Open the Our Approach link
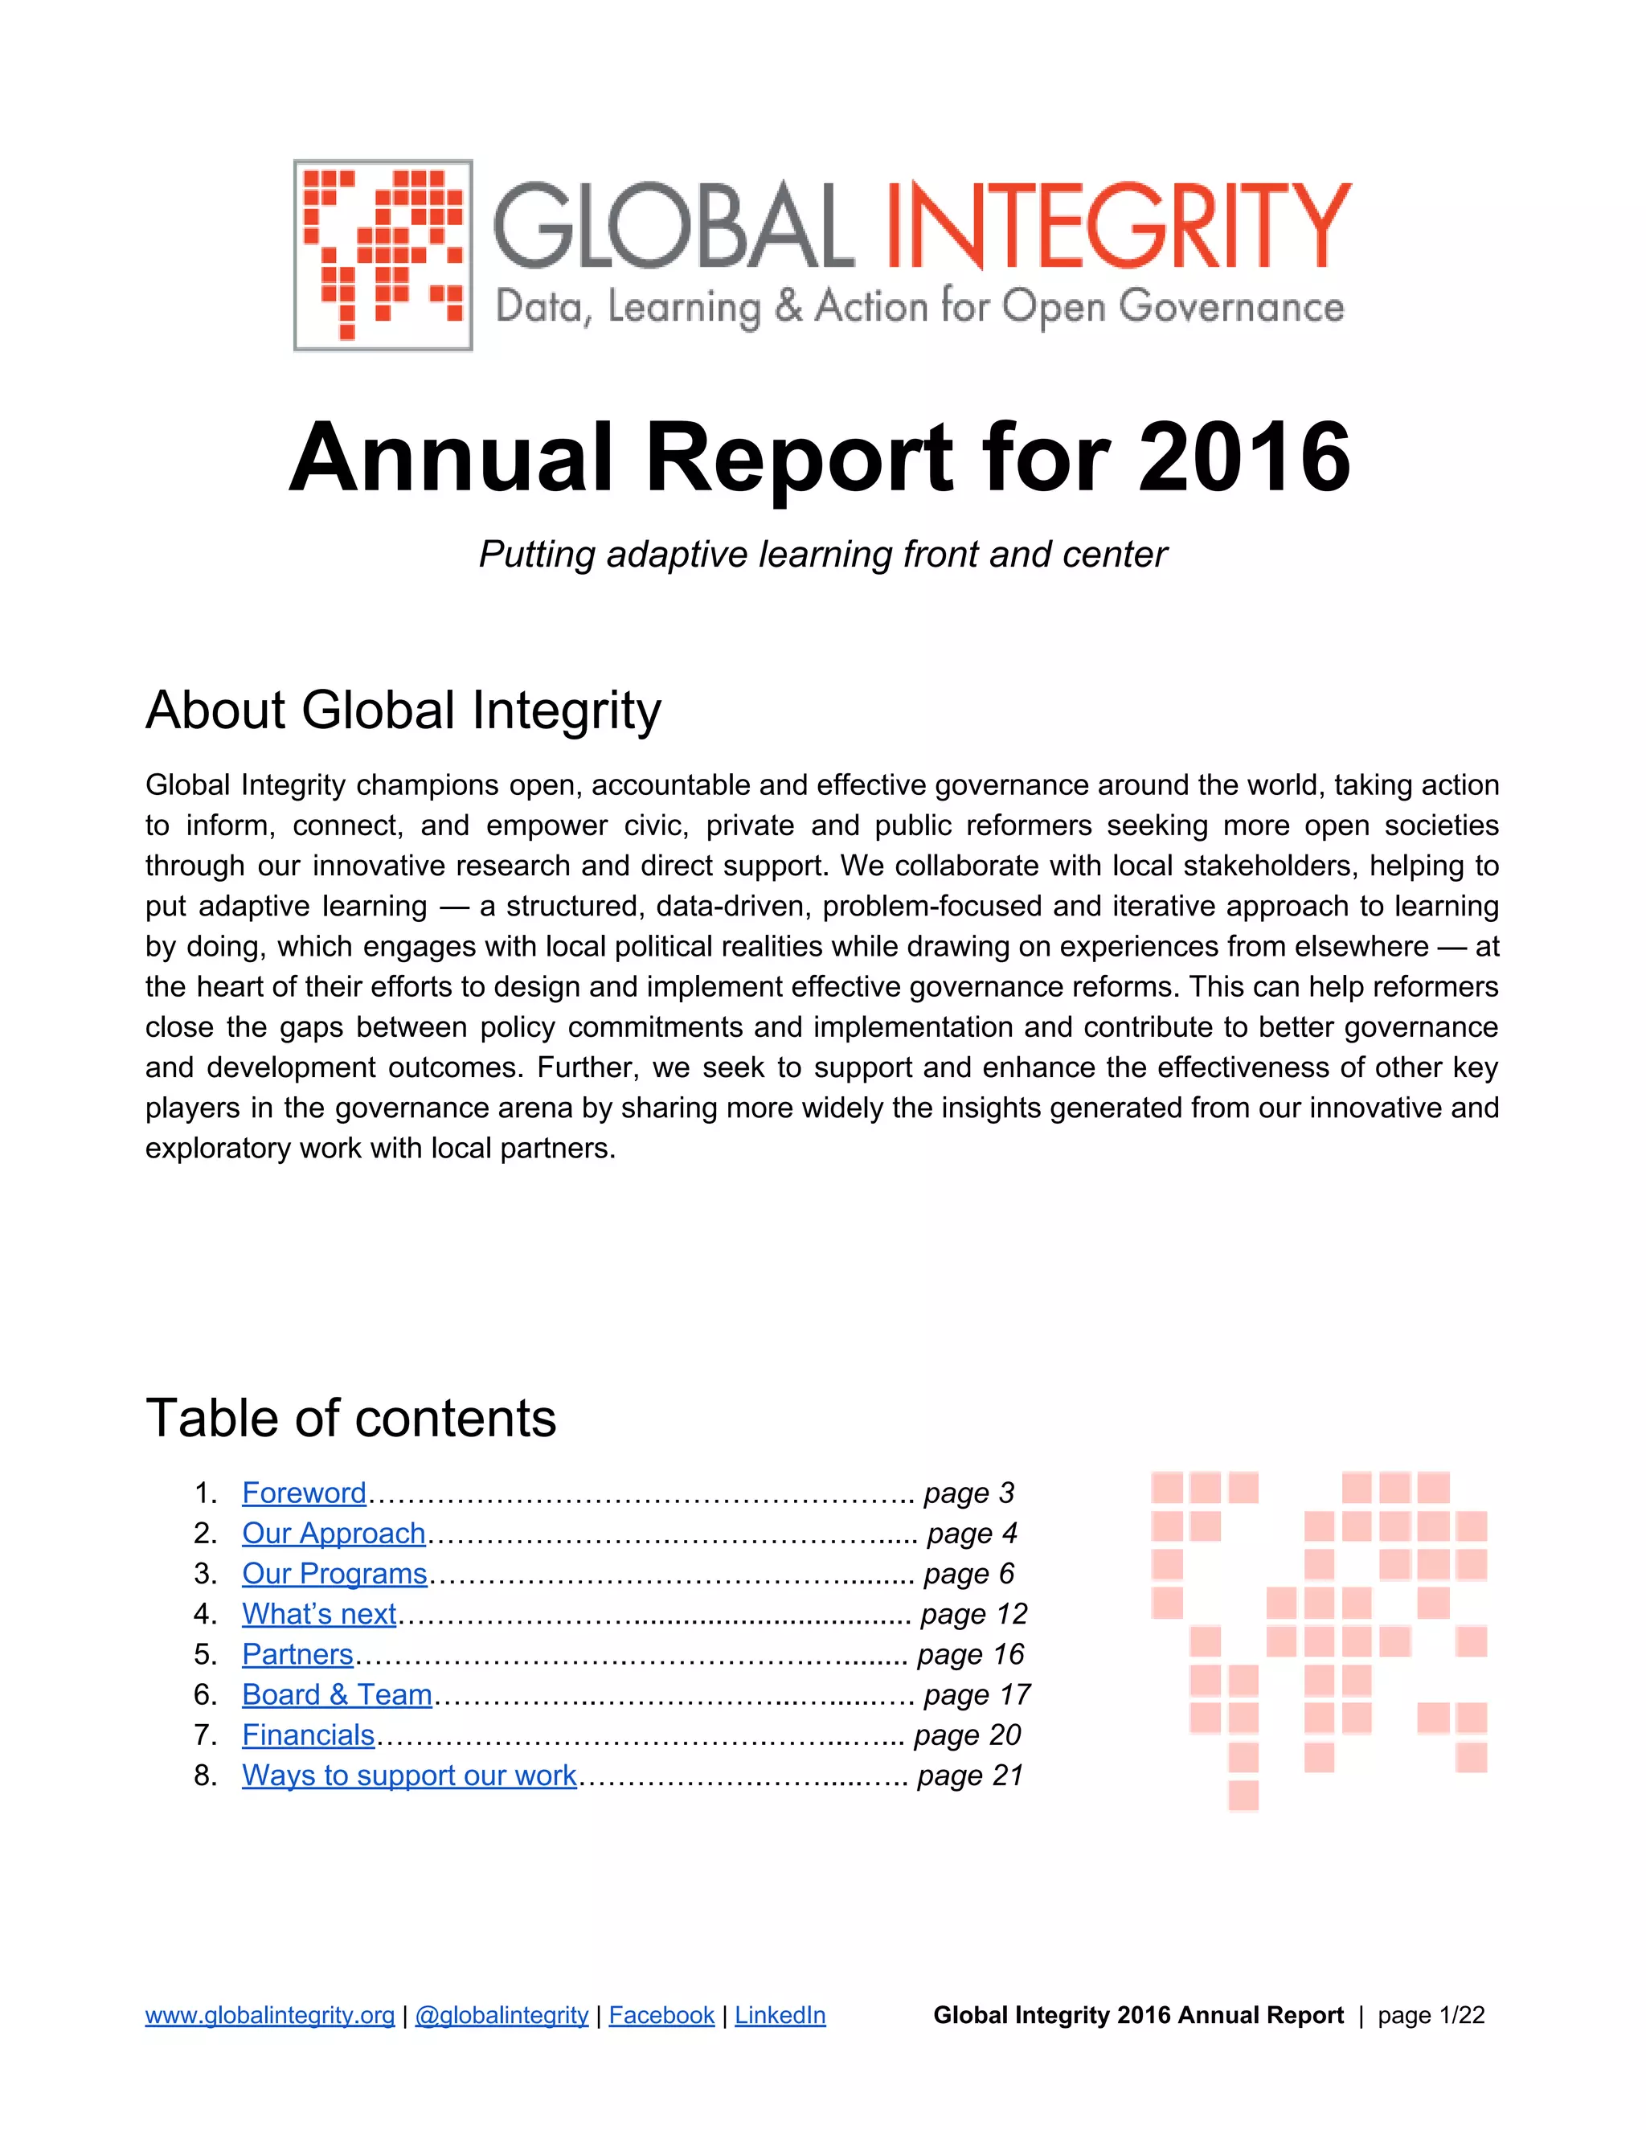point(334,1533)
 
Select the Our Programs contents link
point(334,1573)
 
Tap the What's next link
point(319,1614)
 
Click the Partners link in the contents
point(297,1654)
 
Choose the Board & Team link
point(337,1694)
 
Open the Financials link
point(308,1735)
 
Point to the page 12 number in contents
point(973,1614)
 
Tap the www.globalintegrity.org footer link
point(270,2016)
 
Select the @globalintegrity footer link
point(502,2016)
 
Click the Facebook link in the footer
point(661,2016)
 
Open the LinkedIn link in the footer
point(780,2016)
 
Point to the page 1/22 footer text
point(1431,2016)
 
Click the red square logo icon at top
point(383,256)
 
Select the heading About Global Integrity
point(403,709)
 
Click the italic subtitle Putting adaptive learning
point(822,554)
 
